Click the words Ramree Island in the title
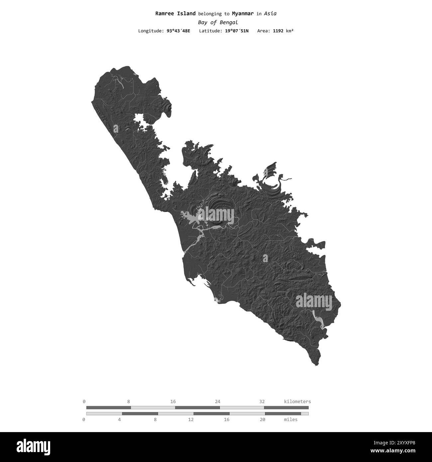[175, 14]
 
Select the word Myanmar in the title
[243, 14]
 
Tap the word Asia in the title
[270, 14]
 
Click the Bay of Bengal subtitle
[218, 23]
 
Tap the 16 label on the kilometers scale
[173, 401]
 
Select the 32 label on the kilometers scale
[262, 401]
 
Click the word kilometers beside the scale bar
[297, 401]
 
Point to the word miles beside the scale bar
[291, 419]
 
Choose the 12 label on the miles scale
[191, 419]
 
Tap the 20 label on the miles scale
[262, 419]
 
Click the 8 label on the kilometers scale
[128, 401]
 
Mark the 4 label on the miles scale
[119, 419]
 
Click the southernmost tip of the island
[317, 365]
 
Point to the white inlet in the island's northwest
[140, 122]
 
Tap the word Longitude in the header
[150, 31]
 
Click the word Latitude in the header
[210, 31]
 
